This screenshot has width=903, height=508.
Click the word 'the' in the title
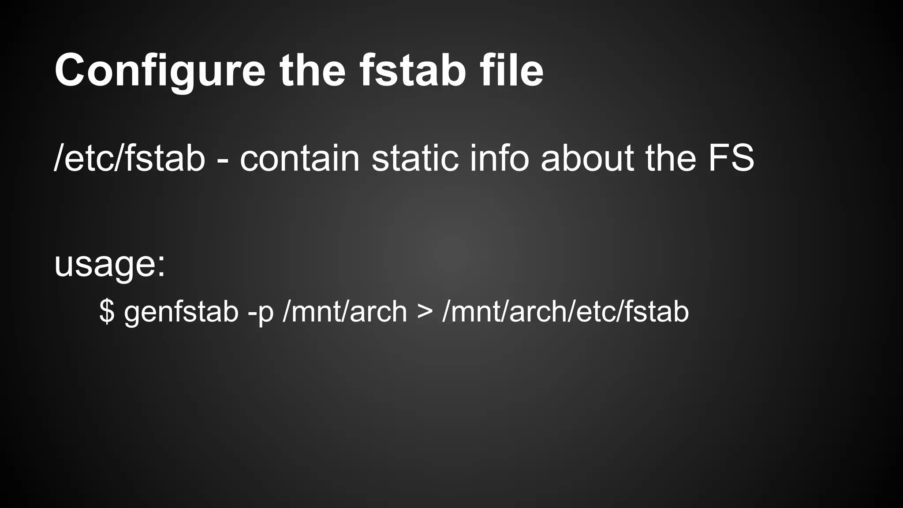coord(312,71)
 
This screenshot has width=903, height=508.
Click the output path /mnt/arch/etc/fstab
coord(565,311)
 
